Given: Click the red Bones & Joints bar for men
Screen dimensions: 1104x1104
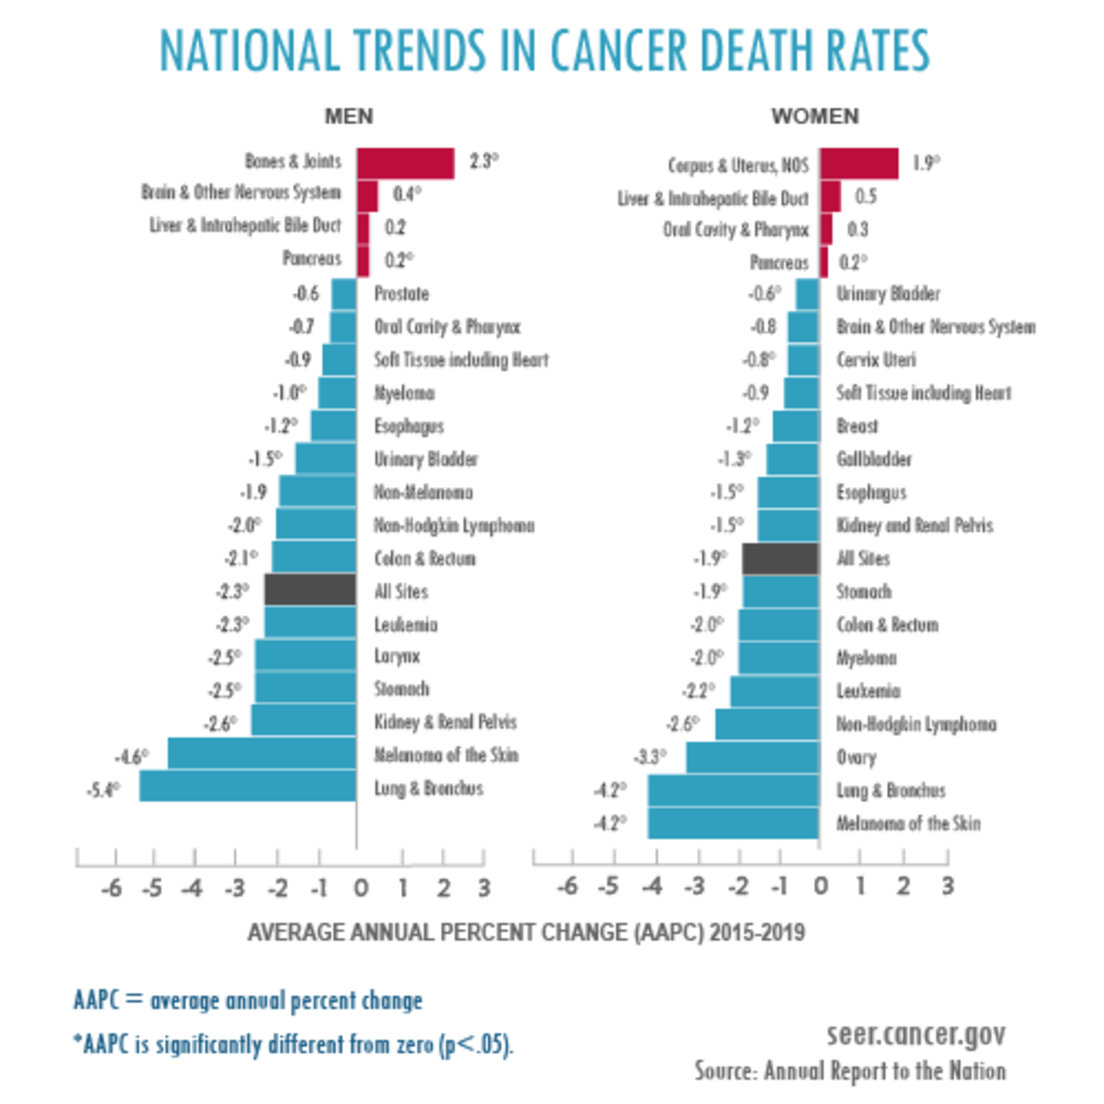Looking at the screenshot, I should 406,163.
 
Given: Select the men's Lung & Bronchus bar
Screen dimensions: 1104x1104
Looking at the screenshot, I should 247,786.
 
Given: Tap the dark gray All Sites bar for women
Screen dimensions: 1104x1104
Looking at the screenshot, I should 780,558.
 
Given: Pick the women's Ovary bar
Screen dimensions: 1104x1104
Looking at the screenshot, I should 752,757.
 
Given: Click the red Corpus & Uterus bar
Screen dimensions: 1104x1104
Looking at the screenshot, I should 859,163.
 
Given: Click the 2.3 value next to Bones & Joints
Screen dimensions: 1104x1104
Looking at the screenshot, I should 483,161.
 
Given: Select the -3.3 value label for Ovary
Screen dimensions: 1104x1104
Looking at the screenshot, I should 650,758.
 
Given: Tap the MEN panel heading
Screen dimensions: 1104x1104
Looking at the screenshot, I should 349,116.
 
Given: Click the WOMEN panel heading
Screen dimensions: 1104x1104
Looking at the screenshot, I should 815,116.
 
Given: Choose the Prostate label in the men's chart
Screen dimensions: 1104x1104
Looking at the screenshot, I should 402,294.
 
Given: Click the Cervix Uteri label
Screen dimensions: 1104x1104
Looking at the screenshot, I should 876,360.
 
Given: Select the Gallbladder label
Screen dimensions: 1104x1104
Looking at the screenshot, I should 874,459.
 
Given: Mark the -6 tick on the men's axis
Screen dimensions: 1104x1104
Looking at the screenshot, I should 112,888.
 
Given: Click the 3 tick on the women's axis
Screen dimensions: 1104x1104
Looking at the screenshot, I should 948,886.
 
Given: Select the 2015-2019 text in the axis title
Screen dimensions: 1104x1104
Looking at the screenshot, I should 757,933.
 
